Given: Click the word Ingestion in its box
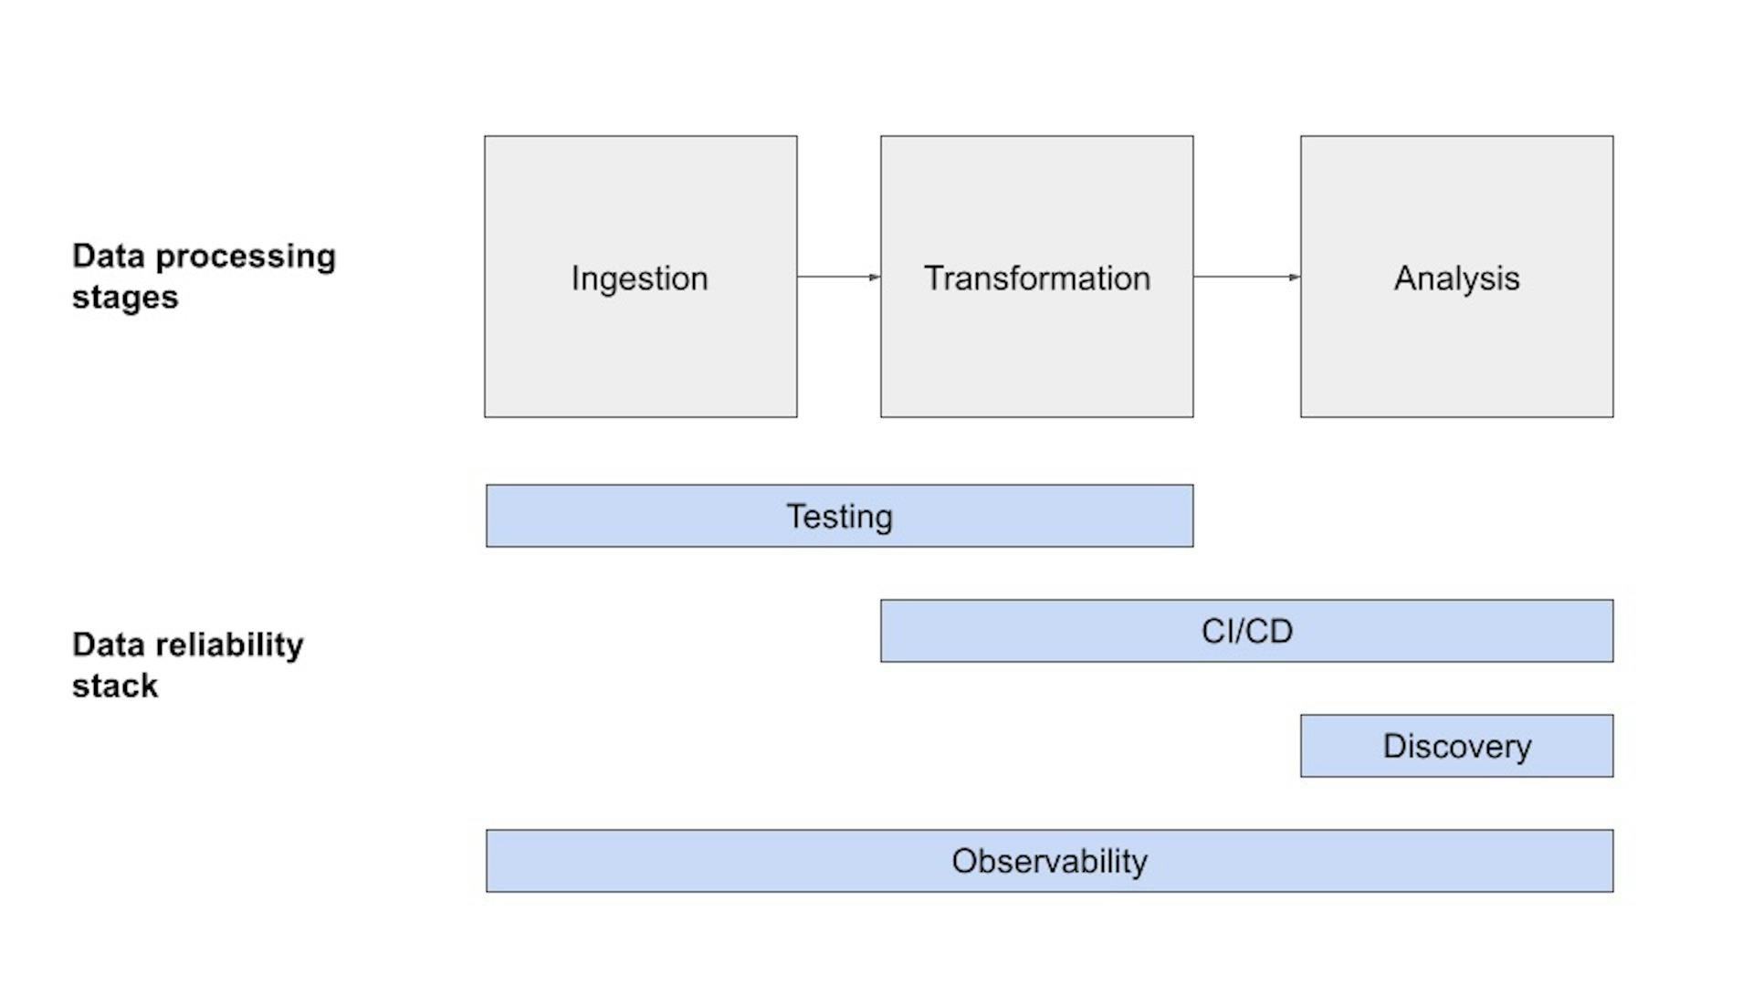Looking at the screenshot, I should pyautogui.click(x=639, y=278).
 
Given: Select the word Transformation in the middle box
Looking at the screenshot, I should pyautogui.click(x=1036, y=278).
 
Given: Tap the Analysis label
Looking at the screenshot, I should pyautogui.click(x=1456, y=278).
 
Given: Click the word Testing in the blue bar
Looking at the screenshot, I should pyautogui.click(x=839, y=517).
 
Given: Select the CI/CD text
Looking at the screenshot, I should pyautogui.click(x=1246, y=632).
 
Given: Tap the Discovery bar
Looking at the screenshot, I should pyautogui.click(x=1456, y=747).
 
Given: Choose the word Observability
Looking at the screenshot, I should pyautogui.click(x=1049, y=862).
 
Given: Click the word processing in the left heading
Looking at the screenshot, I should pyautogui.click(x=246, y=257).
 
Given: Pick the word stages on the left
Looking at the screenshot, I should pyautogui.click(x=125, y=298).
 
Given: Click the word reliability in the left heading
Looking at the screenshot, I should pyautogui.click(x=229, y=645).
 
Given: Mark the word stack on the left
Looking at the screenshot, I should pyautogui.click(x=115, y=687).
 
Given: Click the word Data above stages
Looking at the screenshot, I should pyautogui.click(x=109, y=257).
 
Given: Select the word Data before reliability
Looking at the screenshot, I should pyautogui.click(x=109, y=645).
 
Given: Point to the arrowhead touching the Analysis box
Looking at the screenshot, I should pyautogui.click(x=1295, y=277).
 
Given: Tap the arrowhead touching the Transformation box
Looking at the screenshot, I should pyautogui.click(x=875, y=277).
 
